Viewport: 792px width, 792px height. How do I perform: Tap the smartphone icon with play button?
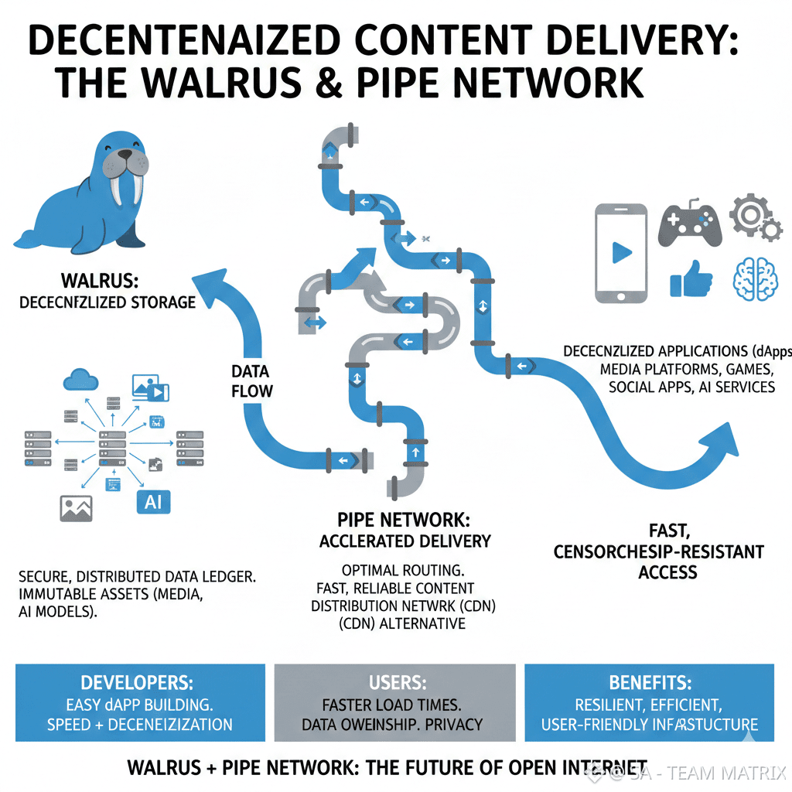pyautogui.click(x=620, y=253)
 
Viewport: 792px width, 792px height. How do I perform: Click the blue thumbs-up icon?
pyautogui.click(x=690, y=278)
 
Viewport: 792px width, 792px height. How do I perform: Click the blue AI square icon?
pyautogui.click(x=153, y=502)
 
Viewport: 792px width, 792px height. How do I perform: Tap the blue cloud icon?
pyautogui.click(x=80, y=379)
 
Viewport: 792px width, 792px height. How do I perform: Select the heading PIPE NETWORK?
pyautogui.click(x=404, y=520)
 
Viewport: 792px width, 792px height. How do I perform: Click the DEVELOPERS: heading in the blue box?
pyautogui.click(x=138, y=683)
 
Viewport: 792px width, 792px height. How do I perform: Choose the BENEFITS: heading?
pyautogui.click(x=649, y=683)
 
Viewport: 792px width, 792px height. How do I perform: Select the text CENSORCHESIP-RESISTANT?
pyautogui.click(x=659, y=551)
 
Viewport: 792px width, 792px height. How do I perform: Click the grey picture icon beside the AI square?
pyautogui.click(x=77, y=507)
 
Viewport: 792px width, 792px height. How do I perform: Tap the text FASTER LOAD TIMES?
pyautogui.click(x=391, y=705)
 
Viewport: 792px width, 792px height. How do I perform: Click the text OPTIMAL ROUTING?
pyautogui.click(x=402, y=571)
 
